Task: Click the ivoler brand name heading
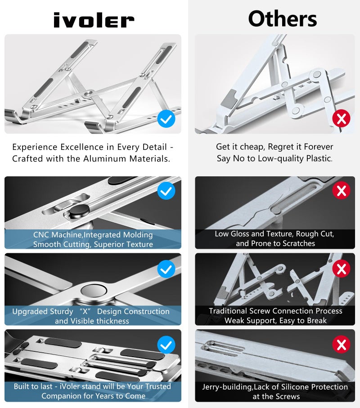click(x=94, y=20)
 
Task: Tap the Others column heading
click(x=282, y=19)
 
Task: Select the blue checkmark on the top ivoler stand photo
click(x=166, y=119)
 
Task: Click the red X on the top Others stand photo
click(x=341, y=119)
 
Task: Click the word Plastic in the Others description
click(x=318, y=159)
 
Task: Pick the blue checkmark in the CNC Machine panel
click(x=166, y=191)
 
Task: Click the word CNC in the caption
click(x=41, y=235)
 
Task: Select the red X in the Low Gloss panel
click(x=341, y=191)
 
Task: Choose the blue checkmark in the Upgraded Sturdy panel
click(x=166, y=269)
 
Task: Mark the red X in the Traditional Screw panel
click(x=341, y=269)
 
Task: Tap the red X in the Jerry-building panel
click(x=341, y=345)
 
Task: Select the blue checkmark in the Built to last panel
click(x=166, y=345)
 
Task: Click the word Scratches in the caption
click(x=295, y=243)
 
